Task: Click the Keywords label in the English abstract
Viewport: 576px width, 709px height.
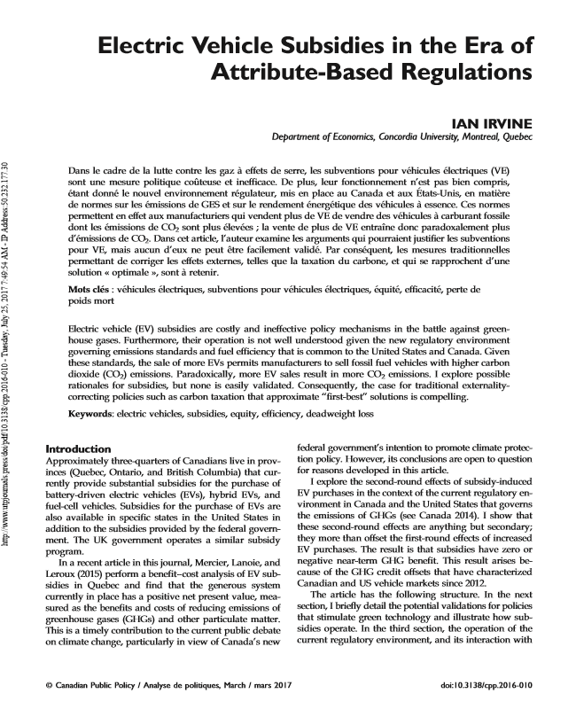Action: point(95,414)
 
